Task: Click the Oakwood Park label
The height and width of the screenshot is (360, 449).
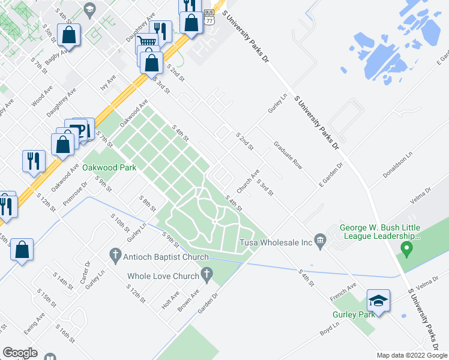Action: click(x=109, y=167)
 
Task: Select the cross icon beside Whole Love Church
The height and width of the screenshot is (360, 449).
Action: click(x=207, y=276)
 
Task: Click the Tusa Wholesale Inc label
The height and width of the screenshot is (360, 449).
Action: click(x=276, y=242)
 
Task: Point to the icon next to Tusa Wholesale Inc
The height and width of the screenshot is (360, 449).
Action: click(x=321, y=242)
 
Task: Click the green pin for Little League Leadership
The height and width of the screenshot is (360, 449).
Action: click(x=406, y=248)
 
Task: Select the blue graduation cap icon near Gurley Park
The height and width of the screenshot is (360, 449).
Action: click(x=378, y=300)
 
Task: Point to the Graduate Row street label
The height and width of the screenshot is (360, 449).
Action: click(x=288, y=155)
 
